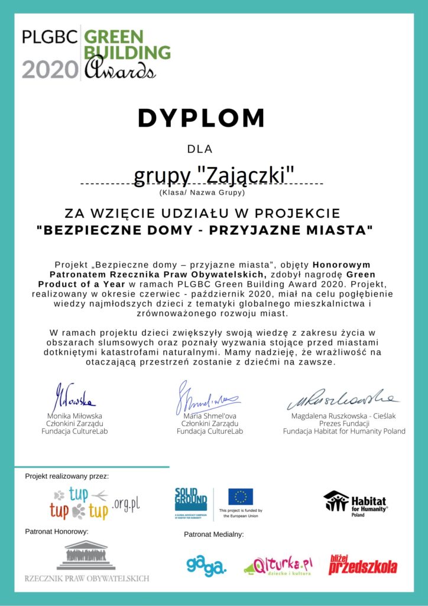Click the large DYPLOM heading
tap(201, 118)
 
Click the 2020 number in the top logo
tap(50, 69)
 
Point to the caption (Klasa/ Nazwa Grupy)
tap(201, 192)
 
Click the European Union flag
tap(241, 496)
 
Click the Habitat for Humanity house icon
tap(336, 501)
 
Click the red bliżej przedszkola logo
tap(362, 565)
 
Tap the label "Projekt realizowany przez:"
tap(67, 476)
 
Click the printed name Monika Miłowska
tap(74, 416)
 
